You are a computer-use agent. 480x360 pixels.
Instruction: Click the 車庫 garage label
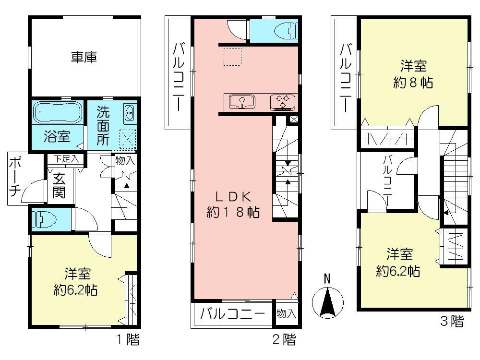click(x=84, y=57)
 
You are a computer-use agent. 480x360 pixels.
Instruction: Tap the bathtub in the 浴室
click(x=57, y=112)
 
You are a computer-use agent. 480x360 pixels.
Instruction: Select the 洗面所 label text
click(x=103, y=125)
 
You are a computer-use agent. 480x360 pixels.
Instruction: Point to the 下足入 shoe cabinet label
click(x=66, y=159)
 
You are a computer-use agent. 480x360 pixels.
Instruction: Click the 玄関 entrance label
click(x=59, y=186)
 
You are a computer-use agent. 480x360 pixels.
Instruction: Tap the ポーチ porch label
click(x=14, y=177)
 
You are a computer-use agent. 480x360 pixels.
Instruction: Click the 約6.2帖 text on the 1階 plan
click(x=76, y=289)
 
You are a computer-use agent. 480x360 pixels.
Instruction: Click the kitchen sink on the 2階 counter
click(x=242, y=102)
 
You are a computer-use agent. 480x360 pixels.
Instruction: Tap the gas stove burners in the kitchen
click(x=283, y=102)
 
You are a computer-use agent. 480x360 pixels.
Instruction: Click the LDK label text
click(x=233, y=197)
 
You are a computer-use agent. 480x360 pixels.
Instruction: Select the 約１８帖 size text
click(x=233, y=212)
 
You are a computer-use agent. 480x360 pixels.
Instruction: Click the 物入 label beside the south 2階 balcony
click(x=287, y=313)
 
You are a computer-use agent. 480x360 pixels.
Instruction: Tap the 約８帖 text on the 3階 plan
click(x=413, y=83)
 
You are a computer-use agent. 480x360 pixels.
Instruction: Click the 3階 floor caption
click(x=452, y=321)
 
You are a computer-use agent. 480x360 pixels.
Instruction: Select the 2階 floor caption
click(x=284, y=339)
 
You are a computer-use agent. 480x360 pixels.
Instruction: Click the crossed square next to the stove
click(x=293, y=120)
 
